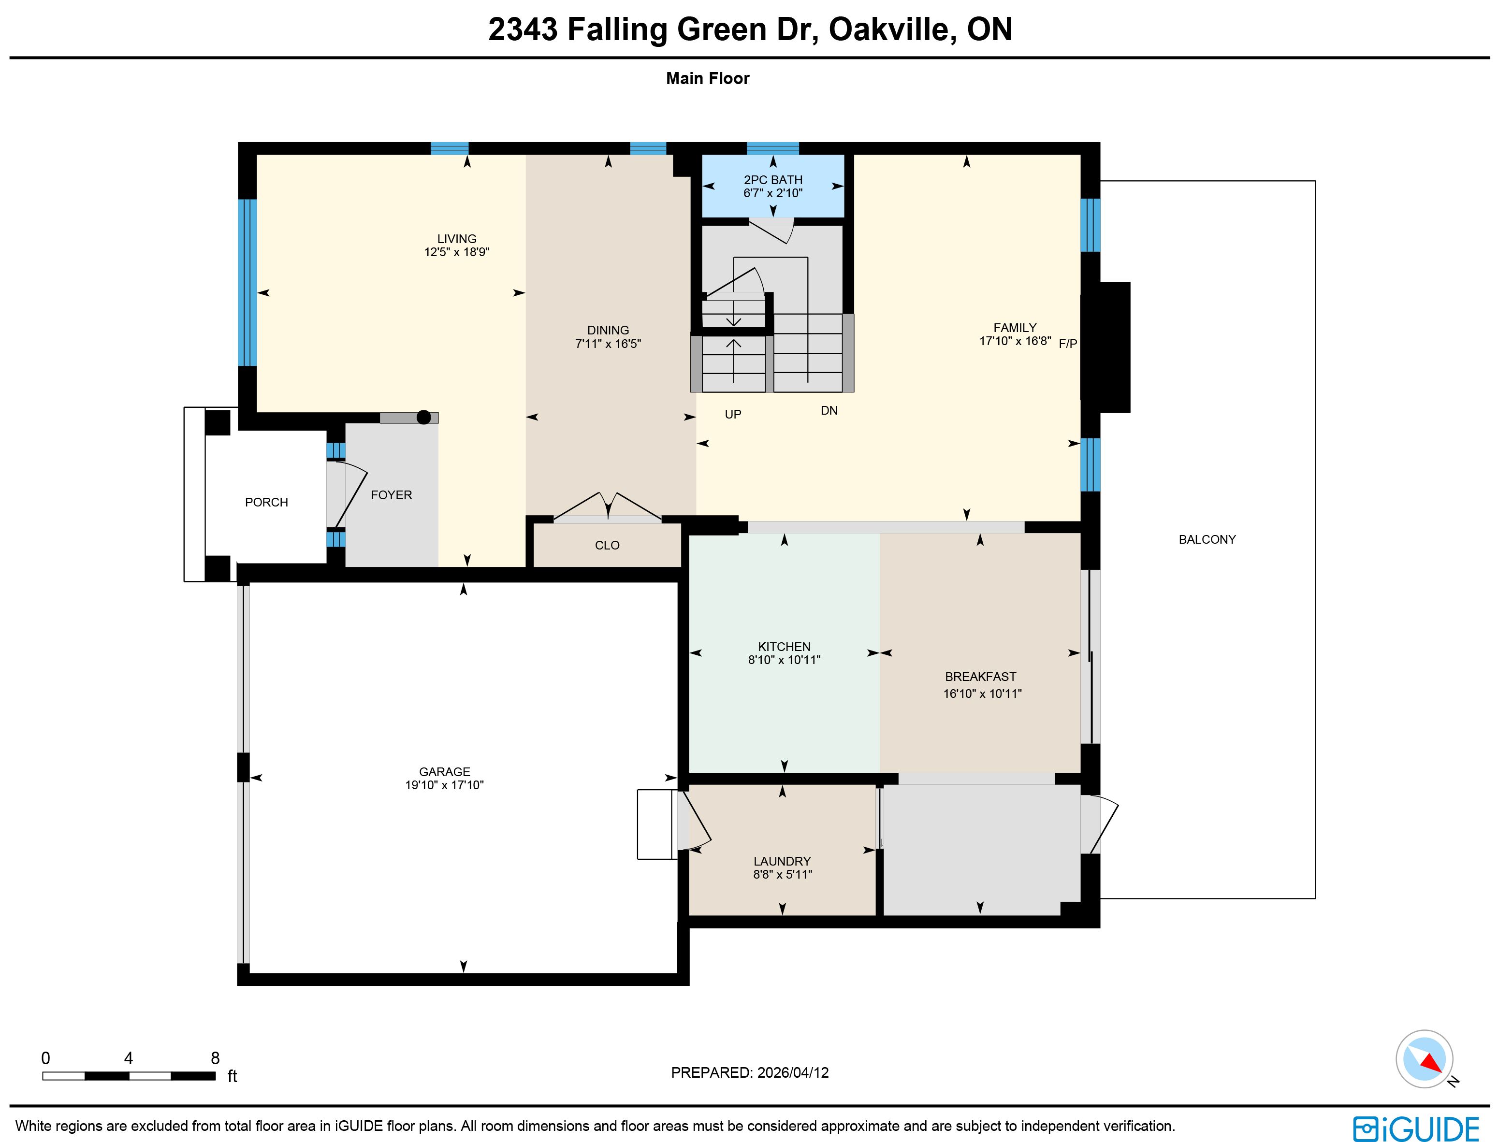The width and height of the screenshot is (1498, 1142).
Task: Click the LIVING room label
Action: (x=456, y=239)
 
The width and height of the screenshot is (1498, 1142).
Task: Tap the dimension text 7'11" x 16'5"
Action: (x=608, y=344)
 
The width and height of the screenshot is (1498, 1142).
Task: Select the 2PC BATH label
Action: (x=773, y=180)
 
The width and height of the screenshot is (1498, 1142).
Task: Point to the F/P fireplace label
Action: (x=1068, y=344)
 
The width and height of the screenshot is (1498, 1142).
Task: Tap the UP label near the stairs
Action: (x=733, y=415)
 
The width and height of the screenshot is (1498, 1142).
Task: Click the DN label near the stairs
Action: (x=829, y=411)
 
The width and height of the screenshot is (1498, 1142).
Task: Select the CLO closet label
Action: (x=607, y=545)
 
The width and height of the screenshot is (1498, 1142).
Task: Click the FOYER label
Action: (x=392, y=495)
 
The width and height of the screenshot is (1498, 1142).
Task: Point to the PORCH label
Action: (x=266, y=502)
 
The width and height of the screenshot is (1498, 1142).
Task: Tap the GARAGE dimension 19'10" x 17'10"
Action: (x=444, y=785)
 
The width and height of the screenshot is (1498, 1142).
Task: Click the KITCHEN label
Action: (x=784, y=647)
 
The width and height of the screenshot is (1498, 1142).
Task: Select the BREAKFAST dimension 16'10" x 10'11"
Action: (x=983, y=694)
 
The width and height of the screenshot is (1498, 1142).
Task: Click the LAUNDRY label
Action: (x=782, y=861)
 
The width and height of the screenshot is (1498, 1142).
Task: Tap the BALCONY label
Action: (x=1207, y=540)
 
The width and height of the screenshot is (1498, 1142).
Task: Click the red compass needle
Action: (x=1432, y=1062)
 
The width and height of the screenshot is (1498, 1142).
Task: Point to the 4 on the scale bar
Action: (x=129, y=1058)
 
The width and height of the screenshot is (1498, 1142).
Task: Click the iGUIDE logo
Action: (x=1416, y=1128)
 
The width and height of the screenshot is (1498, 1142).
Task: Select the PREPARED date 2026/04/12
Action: (x=793, y=1073)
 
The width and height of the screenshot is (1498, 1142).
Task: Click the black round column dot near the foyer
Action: (x=423, y=418)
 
